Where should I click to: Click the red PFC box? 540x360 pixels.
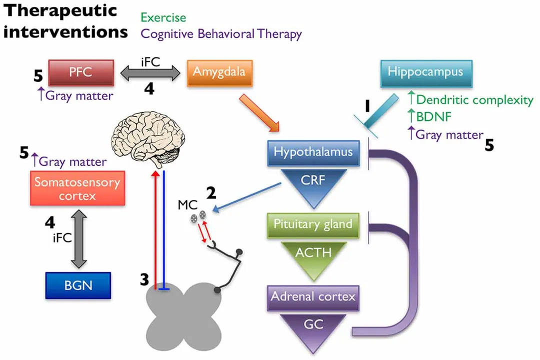(80, 72)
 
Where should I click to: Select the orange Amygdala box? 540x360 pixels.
(218, 72)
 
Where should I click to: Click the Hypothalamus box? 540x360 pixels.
(313, 152)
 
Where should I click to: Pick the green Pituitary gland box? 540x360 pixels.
(313, 224)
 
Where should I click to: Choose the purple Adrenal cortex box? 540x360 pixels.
(313, 297)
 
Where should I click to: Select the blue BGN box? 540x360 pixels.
(78, 285)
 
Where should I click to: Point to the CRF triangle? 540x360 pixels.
(313, 182)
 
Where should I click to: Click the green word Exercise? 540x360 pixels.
(163, 18)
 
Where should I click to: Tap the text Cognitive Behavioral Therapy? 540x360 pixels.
(221, 34)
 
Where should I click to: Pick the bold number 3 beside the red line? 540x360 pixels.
(144, 280)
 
